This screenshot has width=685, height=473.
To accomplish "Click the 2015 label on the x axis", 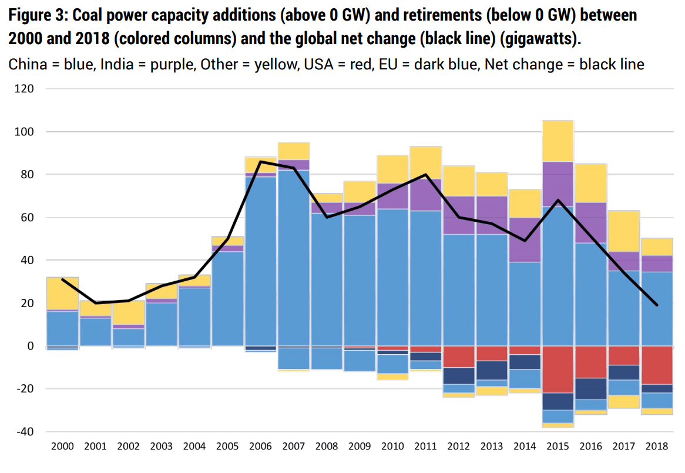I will tap(558, 447).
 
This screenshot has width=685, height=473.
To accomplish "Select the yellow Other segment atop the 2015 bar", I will tap(558, 141).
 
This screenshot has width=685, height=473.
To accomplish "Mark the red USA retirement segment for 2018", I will tap(657, 365).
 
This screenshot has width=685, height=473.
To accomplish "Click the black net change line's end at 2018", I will tap(657, 305).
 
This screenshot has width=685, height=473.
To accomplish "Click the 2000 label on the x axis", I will tap(63, 447).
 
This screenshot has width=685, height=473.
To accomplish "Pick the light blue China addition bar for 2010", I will tap(393, 277).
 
